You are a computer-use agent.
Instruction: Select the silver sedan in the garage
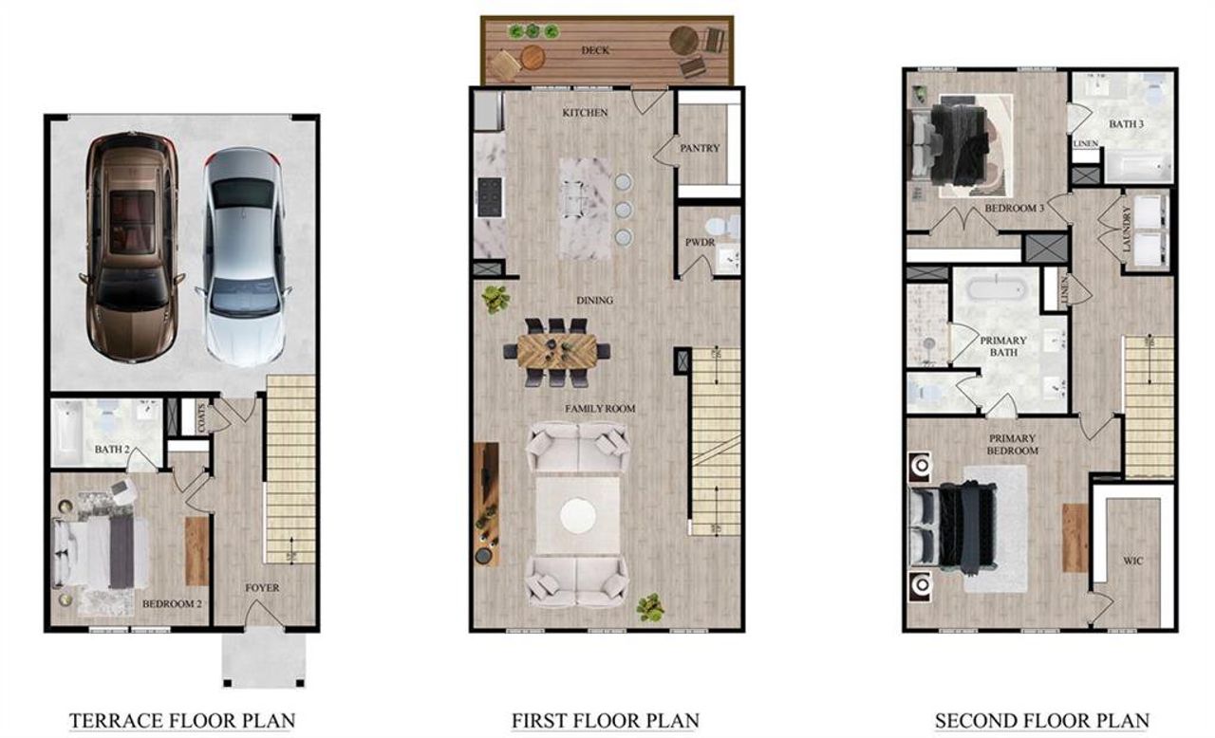pos(243,255)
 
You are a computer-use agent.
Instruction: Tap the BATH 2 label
pos(111,449)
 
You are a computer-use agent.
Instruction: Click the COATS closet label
pos(199,415)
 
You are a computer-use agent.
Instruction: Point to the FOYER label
pos(262,588)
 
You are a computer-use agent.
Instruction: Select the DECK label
pos(594,49)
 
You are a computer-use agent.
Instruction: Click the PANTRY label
pos(700,148)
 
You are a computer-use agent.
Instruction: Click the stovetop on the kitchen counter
pos(489,197)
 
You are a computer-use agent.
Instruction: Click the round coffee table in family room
pos(577,516)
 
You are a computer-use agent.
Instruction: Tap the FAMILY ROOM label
pos(600,409)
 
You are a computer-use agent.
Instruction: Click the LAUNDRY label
pos(1126,229)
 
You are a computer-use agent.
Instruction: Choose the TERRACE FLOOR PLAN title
pos(182,721)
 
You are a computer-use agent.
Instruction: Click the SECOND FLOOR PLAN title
pos(1041,721)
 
